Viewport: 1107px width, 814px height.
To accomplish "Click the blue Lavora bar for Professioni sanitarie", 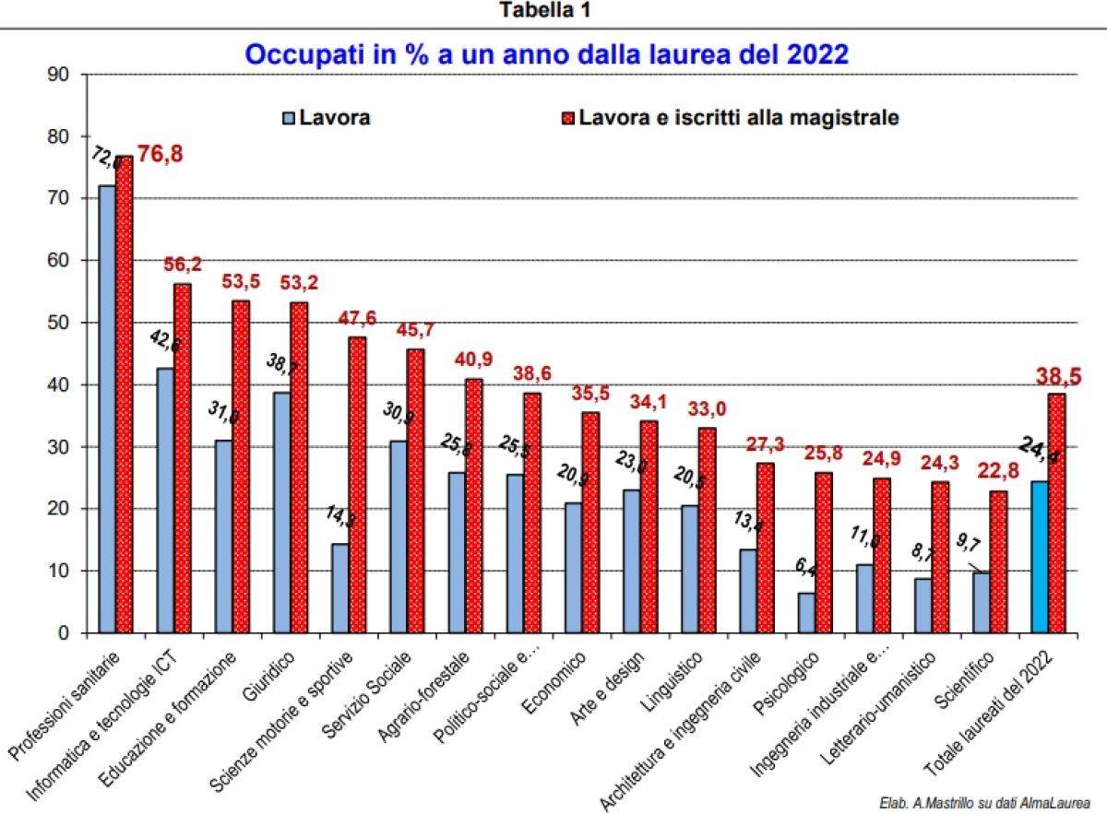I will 107,409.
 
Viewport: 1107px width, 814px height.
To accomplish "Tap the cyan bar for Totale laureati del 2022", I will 1040,557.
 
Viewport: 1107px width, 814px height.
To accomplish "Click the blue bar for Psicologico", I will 806,613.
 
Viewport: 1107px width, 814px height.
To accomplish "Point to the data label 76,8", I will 160,154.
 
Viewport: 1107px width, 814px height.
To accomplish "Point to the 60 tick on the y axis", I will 60,261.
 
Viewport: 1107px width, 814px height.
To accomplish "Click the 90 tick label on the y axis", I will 60,75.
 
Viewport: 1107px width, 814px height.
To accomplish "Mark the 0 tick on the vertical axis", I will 65,633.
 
